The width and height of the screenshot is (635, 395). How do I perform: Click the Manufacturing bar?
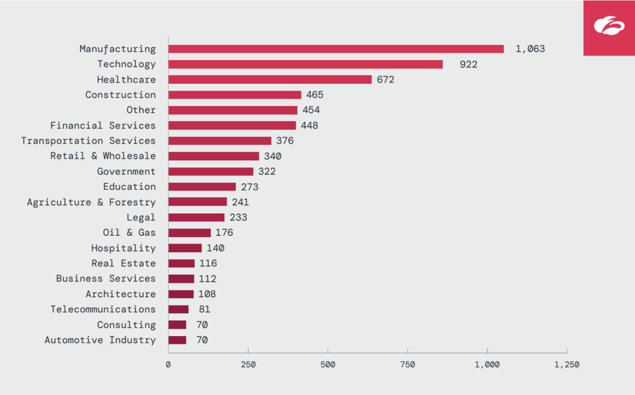336,49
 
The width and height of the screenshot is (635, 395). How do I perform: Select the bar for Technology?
305,64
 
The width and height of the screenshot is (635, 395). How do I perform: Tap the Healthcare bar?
270,80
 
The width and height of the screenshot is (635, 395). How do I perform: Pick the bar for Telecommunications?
178,310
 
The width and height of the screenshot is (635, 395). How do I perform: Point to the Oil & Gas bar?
189,233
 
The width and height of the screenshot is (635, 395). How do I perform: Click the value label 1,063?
530,49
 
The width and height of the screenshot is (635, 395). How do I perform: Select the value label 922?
468,64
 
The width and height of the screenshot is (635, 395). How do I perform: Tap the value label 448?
309,126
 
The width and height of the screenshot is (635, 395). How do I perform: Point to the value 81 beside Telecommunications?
204,310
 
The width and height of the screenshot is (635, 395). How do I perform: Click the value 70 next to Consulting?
202,325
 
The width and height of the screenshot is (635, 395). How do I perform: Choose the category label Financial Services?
103,126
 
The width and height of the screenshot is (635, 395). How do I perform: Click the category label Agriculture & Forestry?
91,202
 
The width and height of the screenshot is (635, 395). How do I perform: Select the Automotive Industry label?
100,340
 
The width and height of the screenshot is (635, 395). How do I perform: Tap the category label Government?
127,172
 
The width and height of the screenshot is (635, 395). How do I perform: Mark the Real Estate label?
124,264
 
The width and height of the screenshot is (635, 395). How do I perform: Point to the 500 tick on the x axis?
328,365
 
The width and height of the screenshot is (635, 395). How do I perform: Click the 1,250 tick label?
567,365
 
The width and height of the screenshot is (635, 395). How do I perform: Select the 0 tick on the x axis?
168,365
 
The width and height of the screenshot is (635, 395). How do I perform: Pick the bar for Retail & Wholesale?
213,156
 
